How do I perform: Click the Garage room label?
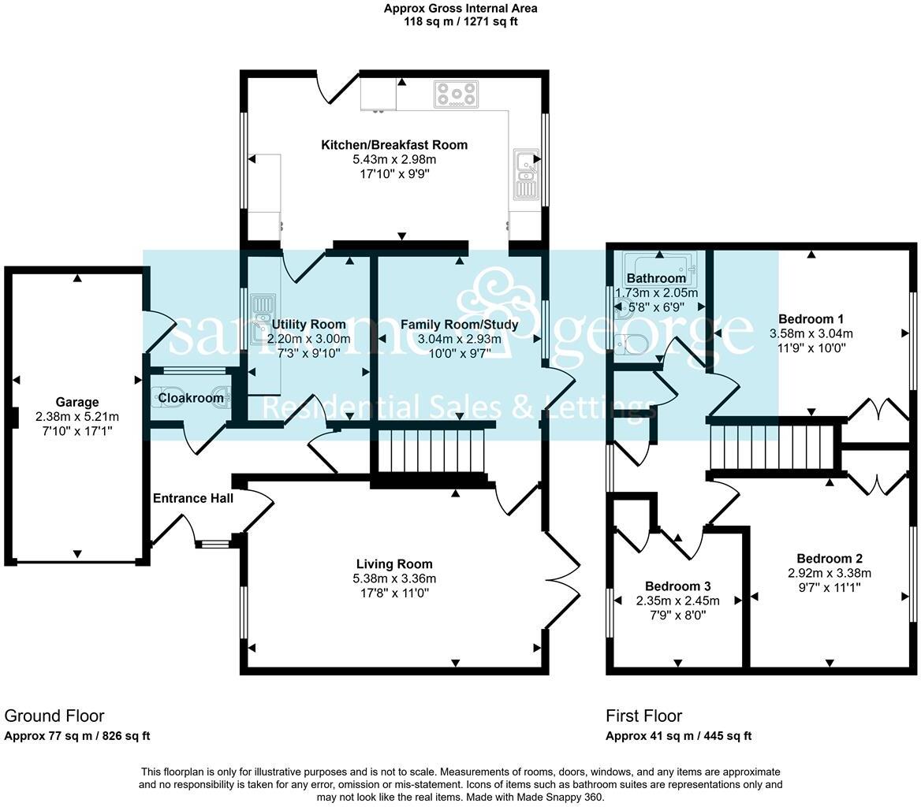click(x=77, y=402)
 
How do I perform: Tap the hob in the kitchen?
click(x=457, y=95)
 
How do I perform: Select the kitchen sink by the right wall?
click(x=525, y=174)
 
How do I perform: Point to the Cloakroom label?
click(x=191, y=398)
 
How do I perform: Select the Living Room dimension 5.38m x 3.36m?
click(x=395, y=578)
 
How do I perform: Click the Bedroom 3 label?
click(x=678, y=586)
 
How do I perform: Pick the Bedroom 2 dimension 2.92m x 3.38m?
click(x=830, y=573)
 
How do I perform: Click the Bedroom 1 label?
click(x=811, y=319)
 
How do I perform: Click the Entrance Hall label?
click(x=193, y=498)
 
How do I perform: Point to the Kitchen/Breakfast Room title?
click(x=394, y=145)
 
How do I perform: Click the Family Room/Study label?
click(x=460, y=325)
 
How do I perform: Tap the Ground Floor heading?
click(x=54, y=716)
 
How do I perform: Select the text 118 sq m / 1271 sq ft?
click(x=460, y=22)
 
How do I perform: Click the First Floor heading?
click(x=643, y=716)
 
